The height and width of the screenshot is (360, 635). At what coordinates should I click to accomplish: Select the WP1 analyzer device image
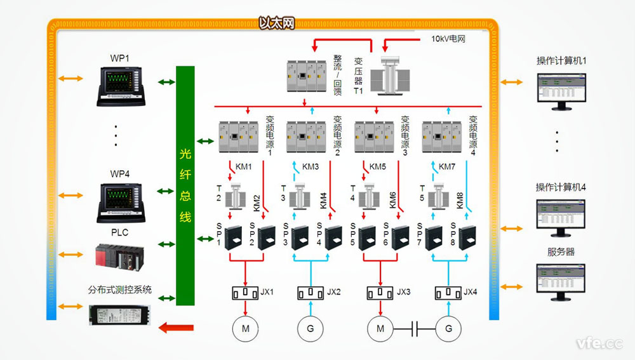tap(120, 86)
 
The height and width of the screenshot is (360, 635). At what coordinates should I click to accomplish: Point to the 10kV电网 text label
tap(448, 39)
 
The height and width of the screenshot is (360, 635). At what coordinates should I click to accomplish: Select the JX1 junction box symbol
tap(244, 293)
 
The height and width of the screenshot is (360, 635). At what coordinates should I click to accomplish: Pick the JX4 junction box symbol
tap(447, 293)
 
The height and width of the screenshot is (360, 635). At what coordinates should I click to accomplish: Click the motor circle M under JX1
tap(245, 328)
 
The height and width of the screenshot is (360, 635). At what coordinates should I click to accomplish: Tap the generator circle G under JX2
tap(311, 328)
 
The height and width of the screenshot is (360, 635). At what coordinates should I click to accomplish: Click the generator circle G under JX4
tap(448, 328)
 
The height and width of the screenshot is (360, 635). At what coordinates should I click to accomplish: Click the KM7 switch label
tap(448, 167)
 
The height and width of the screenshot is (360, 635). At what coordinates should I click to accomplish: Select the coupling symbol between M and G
tap(414, 328)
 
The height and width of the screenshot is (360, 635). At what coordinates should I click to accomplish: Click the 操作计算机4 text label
tap(561, 187)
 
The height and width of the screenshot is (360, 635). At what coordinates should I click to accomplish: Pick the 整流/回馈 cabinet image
tap(307, 76)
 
